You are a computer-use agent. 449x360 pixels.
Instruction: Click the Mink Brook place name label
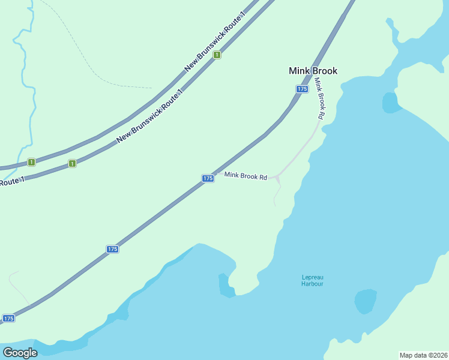click(313, 71)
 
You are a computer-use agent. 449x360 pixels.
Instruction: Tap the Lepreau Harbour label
click(312, 280)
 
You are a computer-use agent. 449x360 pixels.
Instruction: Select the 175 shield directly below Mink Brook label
click(302, 89)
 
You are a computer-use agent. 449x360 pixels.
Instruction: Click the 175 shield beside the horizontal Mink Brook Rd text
click(208, 179)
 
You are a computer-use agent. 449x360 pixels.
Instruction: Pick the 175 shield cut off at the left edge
click(8, 319)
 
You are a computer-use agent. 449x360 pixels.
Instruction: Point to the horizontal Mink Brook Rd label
click(246, 176)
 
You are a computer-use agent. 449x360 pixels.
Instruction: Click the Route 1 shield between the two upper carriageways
click(217, 55)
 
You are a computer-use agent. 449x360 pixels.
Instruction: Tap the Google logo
click(20, 352)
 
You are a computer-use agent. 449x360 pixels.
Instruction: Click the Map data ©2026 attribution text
click(423, 355)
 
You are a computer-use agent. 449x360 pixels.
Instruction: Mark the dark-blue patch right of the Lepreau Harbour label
click(365, 301)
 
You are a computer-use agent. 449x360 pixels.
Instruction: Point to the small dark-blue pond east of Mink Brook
click(391, 103)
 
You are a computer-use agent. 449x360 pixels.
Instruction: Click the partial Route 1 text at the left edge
click(12, 181)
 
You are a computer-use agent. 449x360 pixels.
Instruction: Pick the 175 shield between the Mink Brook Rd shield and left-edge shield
click(112, 249)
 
